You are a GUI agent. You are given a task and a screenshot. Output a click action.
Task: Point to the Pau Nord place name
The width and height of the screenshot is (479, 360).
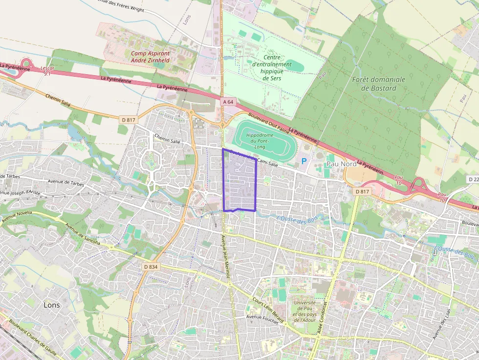(x=342, y=164)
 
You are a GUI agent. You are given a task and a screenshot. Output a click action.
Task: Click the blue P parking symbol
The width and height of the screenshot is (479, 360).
(x=304, y=161)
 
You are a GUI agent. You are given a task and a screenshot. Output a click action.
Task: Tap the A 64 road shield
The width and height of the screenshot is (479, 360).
(x=228, y=102)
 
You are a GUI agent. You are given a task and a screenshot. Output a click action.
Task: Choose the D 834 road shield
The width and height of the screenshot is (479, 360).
(x=151, y=267)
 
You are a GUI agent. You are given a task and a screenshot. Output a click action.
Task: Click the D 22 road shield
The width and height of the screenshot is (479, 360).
(x=473, y=179)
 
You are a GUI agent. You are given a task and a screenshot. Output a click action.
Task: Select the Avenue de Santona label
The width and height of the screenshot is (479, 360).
(x=83, y=235)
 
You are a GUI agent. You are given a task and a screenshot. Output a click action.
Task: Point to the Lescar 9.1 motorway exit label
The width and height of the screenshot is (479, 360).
(x=47, y=71)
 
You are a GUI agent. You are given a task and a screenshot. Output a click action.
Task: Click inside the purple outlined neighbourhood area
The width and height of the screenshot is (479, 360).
(x=239, y=181)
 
